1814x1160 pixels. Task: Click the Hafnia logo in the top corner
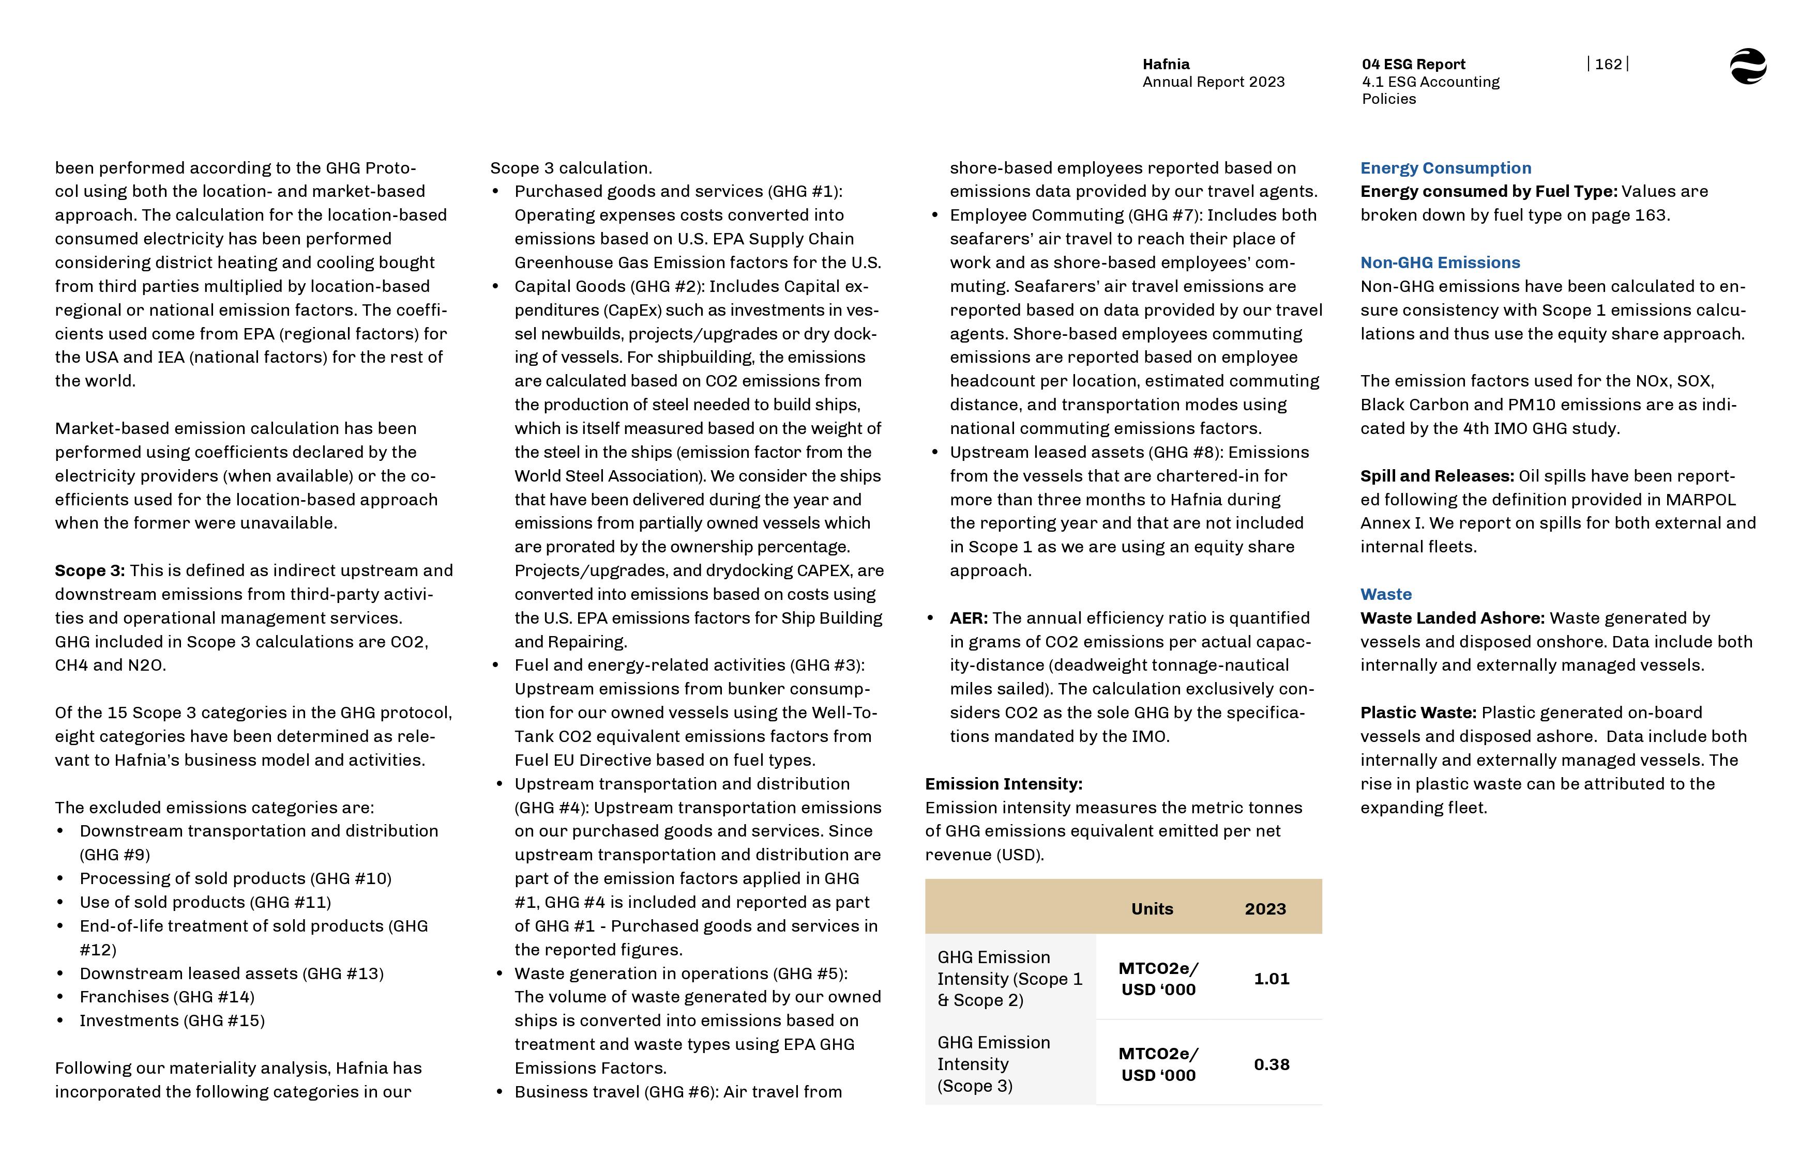[1748, 66]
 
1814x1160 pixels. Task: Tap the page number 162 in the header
[1608, 65]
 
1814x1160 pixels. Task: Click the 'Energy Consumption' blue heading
[1445, 168]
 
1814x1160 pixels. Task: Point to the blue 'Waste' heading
[1385, 594]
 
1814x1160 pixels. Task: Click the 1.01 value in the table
[1271, 979]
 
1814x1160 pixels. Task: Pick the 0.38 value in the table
[1271, 1064]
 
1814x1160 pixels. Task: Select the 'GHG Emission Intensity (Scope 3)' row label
[993, 1063]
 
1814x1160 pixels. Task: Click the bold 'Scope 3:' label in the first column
[89, 571]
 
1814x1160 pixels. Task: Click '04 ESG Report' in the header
[1413, 65]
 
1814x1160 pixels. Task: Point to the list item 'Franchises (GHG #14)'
[167, 997]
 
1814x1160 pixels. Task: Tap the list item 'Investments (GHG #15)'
[172, 1020]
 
